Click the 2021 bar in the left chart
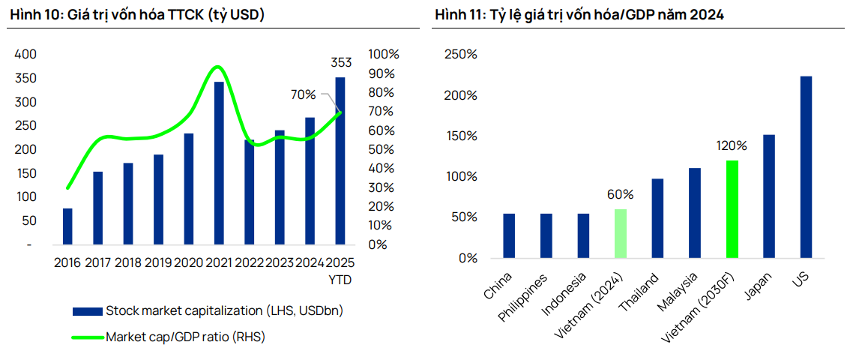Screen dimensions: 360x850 point(219,163)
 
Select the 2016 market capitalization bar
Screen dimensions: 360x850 point(67,226)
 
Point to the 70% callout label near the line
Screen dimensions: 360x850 point(304,94)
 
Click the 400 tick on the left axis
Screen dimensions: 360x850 point(25,54)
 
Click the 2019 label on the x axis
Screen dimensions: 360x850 point(158,262)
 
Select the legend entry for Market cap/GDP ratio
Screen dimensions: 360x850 point(185,337)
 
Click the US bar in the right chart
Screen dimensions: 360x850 point(806,166)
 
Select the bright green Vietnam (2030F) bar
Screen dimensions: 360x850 point(732,209)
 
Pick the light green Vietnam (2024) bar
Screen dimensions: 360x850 point(620,233)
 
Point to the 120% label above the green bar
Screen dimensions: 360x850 point(732,145)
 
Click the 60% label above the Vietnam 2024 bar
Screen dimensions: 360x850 point(620,194)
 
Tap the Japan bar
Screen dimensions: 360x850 point(769,196)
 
